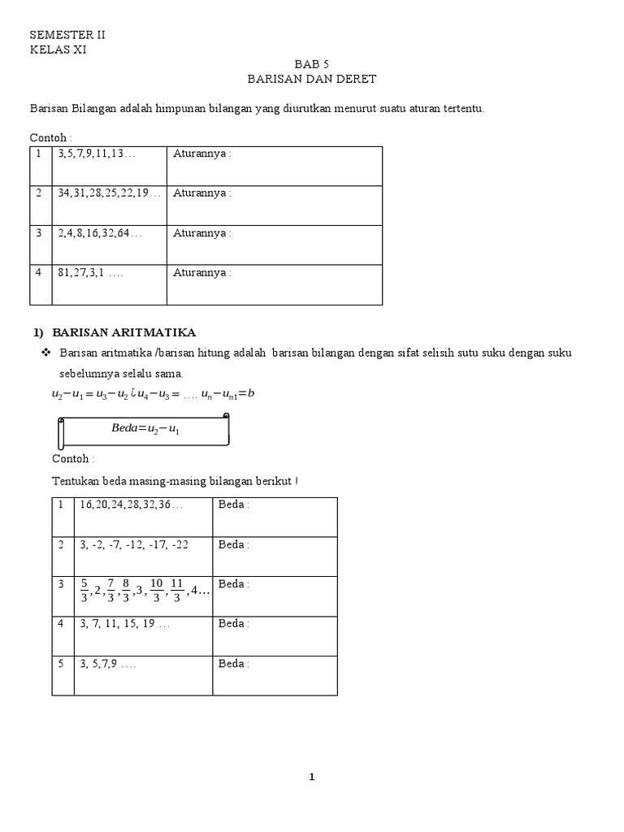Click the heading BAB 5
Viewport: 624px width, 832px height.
point(312,63)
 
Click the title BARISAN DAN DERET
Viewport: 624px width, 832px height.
point(312,79)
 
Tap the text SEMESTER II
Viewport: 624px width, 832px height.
point(67,35)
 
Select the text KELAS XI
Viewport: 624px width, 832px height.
point(58,50)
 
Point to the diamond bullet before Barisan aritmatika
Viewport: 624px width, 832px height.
point(45,353)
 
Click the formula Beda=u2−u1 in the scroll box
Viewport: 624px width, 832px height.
point(145,429)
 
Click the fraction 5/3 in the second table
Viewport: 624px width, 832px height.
point(84,591)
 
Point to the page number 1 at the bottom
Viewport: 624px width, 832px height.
point(311,778)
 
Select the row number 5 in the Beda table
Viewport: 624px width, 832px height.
point(61,664)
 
